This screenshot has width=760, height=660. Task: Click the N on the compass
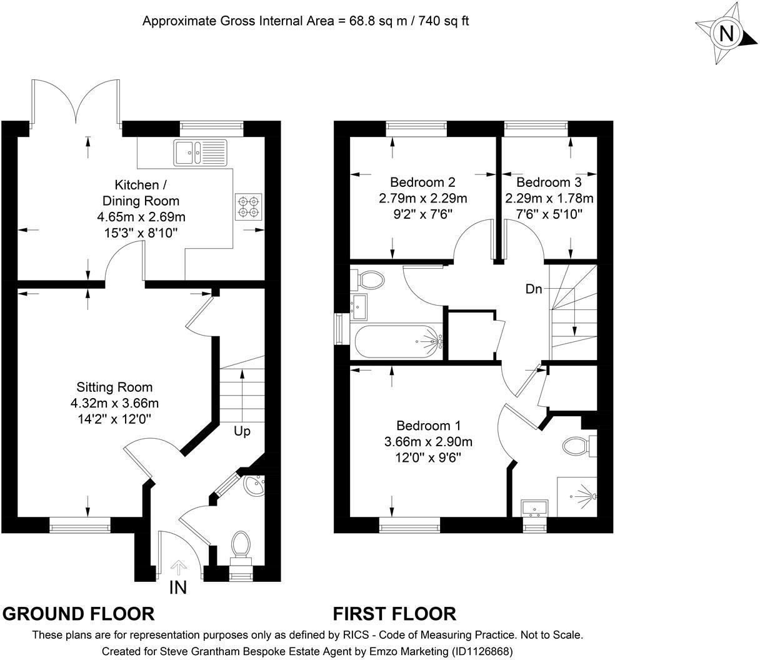(x=727, y=34)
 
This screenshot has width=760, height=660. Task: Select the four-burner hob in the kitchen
(x=247, y=207)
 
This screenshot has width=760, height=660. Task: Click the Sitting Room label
(x=114, y=387)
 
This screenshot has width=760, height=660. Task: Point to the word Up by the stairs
(x=242, y=431)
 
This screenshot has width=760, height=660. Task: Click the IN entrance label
(x=178, y=587)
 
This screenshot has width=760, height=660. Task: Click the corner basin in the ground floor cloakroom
(x=254, y=485)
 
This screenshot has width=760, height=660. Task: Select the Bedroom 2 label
(x=422, y=182)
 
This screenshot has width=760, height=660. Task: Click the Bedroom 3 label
(x=549, y=182)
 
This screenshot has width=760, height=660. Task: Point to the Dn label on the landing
(x=533, y=289)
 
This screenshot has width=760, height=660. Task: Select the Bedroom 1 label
(x=429, y=426)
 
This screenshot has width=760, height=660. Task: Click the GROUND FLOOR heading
(x=79, y=614)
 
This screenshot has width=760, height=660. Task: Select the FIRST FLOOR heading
(x=394, y=614)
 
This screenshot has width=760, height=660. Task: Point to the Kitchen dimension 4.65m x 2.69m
(x=141, y=217)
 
